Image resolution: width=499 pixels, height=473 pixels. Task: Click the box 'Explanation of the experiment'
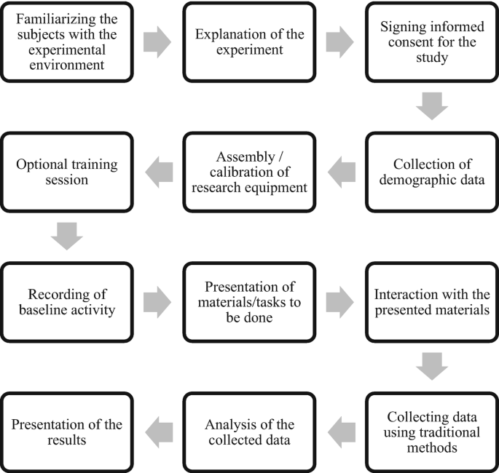[x=249, y=41]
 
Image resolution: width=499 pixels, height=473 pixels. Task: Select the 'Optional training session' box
[x=67, y=171]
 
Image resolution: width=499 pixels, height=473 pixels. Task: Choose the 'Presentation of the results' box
[x=67, y=432]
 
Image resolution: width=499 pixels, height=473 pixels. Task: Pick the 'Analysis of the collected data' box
[x=249, y=432]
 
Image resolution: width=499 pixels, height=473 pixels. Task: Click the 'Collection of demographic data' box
[x=432, y=171]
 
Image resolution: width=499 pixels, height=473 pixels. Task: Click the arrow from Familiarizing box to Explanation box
[x=158, y=41]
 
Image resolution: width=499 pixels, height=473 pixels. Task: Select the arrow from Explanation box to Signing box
[x=340, y=41]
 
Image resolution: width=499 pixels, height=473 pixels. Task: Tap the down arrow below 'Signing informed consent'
[x=432, y=106]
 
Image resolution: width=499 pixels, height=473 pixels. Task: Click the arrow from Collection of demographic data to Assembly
[x=341, y=172]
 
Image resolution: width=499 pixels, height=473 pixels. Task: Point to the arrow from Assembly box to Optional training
[x=159, y=172]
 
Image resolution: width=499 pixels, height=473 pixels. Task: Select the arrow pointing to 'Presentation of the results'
[x=159, y=432]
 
